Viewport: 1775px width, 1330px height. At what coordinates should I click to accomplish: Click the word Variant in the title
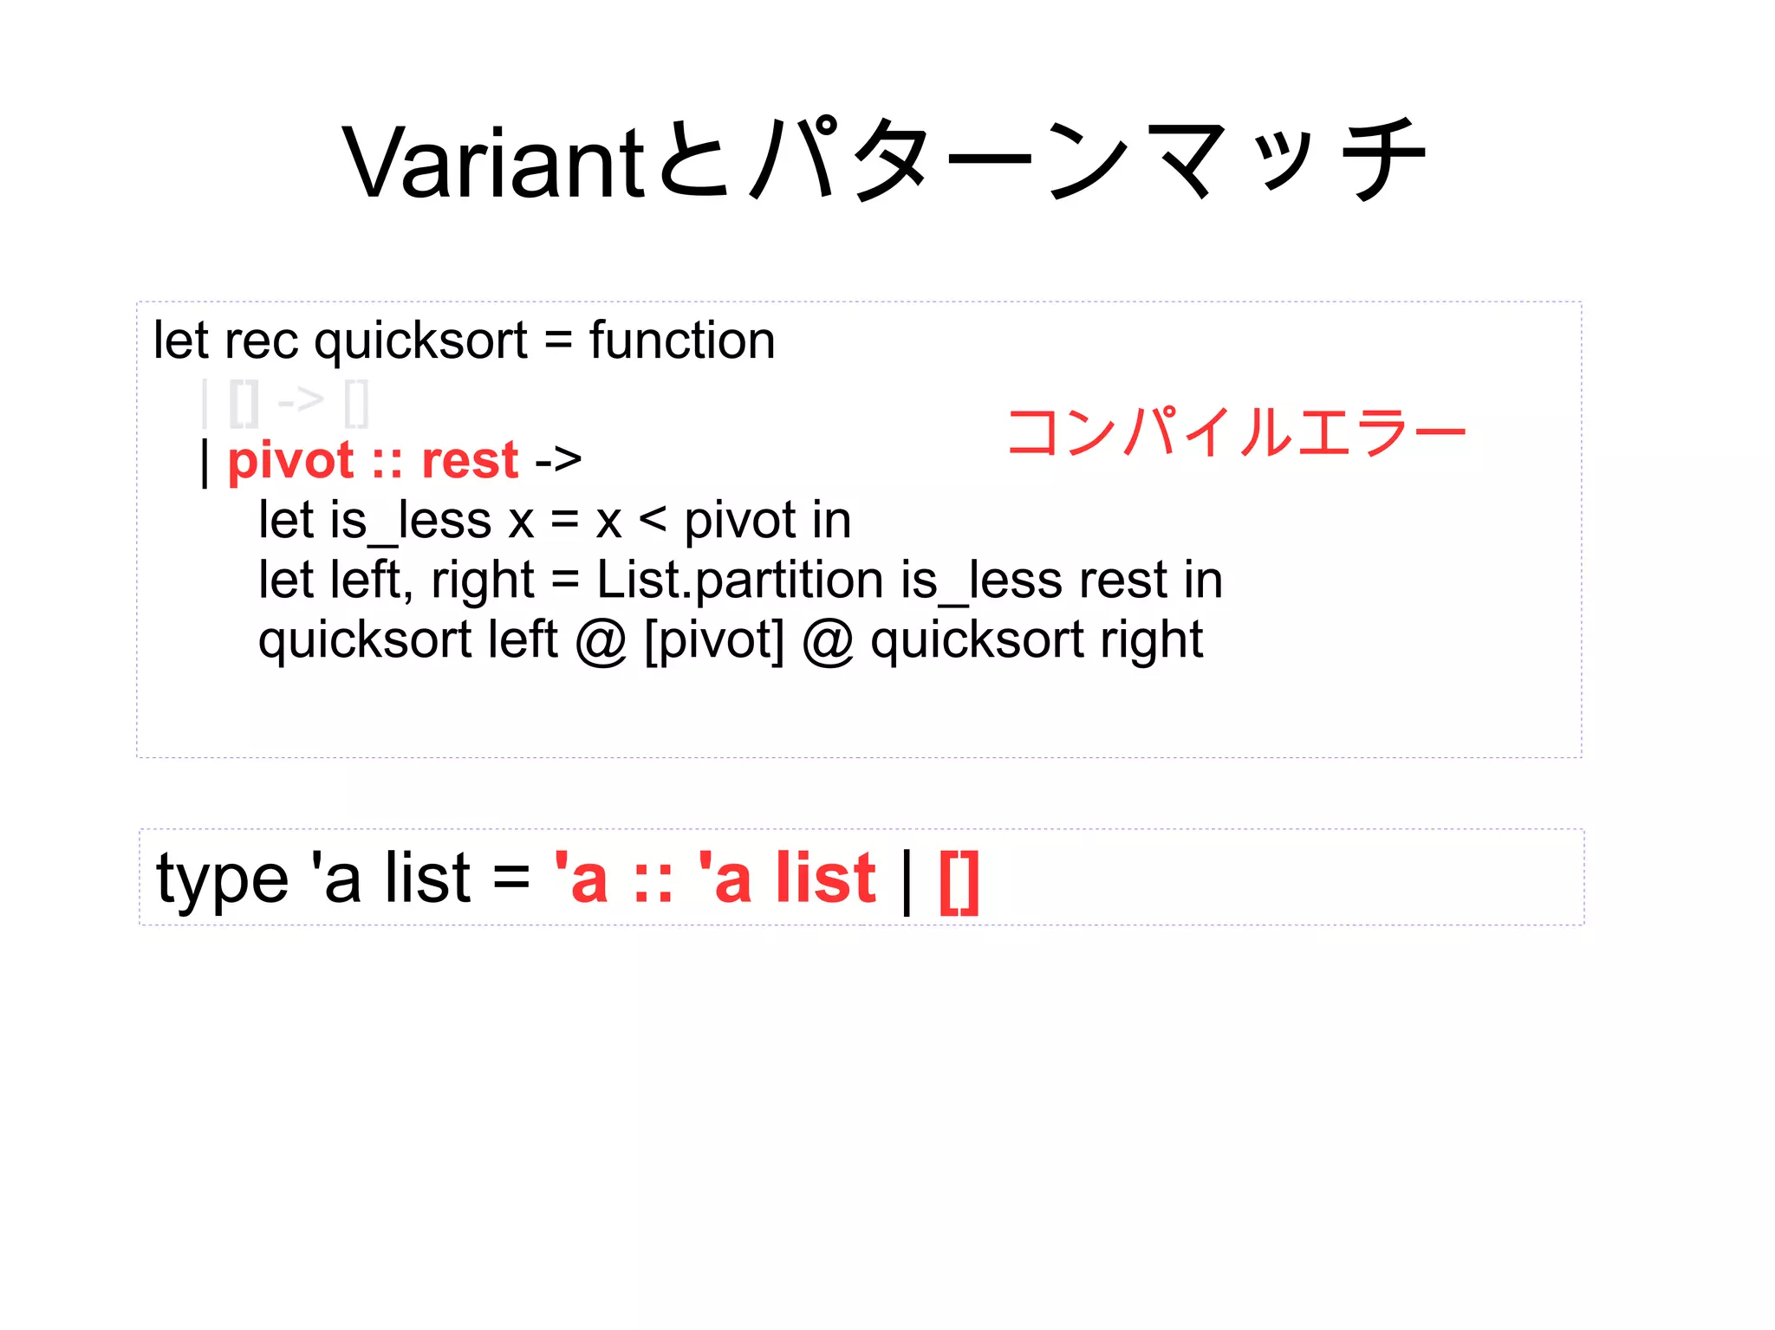coord(492,162)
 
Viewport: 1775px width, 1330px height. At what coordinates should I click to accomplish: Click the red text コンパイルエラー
coord(1236,432)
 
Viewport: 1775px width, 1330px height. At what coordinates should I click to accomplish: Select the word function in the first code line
coord(682,341)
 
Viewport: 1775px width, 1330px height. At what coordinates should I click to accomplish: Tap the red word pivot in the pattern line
coord(290,460)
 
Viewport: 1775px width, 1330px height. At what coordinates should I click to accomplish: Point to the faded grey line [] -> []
coord(286,403)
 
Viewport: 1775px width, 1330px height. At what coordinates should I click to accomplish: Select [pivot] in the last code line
coord(714,640)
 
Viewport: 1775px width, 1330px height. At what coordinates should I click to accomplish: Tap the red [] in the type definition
coord(959,880)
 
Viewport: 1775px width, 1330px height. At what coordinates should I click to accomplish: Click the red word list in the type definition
coord(826,879)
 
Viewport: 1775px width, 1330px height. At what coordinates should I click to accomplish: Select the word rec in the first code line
coord(261,341)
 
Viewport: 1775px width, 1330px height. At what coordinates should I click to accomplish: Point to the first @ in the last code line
coord(601,642)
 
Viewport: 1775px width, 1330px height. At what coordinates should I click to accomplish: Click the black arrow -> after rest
coord(558,460)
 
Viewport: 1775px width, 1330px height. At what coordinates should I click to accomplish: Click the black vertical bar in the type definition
coord(907,880)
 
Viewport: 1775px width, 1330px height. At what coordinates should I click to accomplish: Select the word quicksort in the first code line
coord(420,341)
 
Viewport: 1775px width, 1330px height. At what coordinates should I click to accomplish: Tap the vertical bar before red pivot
coord(205,462)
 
